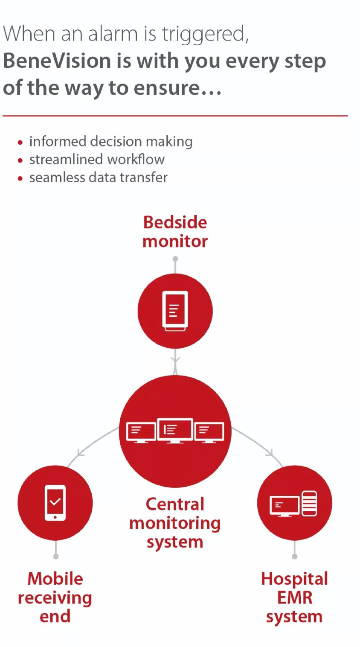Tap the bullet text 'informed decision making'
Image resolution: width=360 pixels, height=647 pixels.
(111, 141)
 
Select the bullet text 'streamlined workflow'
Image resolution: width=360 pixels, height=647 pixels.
(97, 160)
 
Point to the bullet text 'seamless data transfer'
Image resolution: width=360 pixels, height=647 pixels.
(98, 178)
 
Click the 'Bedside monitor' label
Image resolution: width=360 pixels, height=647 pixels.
(175, 232)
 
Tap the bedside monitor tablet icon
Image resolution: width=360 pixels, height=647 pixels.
(175, 311)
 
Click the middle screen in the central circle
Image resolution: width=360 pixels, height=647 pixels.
(175, 430)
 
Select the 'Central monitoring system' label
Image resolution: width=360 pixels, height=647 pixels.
(175, 523)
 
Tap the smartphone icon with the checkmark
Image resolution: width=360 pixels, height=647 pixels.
(55, 503)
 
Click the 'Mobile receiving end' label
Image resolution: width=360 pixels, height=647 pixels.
(55, 597)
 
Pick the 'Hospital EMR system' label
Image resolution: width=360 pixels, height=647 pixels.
(294, 597)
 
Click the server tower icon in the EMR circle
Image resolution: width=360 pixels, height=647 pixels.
(309, 503)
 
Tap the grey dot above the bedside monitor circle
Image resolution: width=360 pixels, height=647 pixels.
(175, 259)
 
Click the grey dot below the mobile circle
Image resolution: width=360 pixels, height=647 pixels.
(55, 557)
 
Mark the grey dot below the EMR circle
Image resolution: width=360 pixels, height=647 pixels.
(294, 557)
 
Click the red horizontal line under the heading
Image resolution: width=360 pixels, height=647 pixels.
(175, 116)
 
